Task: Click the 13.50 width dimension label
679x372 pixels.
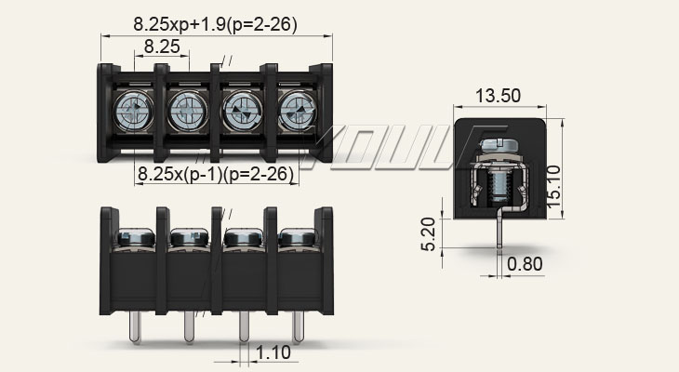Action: point(498,96)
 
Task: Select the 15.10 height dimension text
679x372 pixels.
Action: point(553,187)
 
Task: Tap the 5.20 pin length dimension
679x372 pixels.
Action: point(428,234)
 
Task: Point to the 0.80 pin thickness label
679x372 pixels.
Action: point(525,264)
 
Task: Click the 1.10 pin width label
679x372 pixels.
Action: point(273,352)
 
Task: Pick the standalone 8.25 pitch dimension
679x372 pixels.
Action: point(162,46)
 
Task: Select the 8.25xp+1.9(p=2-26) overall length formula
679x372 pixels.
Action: point(215,24)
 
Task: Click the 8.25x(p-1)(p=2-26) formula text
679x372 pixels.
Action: point(216,174)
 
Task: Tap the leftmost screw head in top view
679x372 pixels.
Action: point(135,111)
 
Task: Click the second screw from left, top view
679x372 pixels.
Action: point(189,111)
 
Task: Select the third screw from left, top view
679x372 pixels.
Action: point(244,111)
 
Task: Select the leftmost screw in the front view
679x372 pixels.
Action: point(136,238)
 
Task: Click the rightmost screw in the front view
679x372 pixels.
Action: point(298,238)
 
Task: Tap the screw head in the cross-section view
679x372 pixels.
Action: point(498,145)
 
